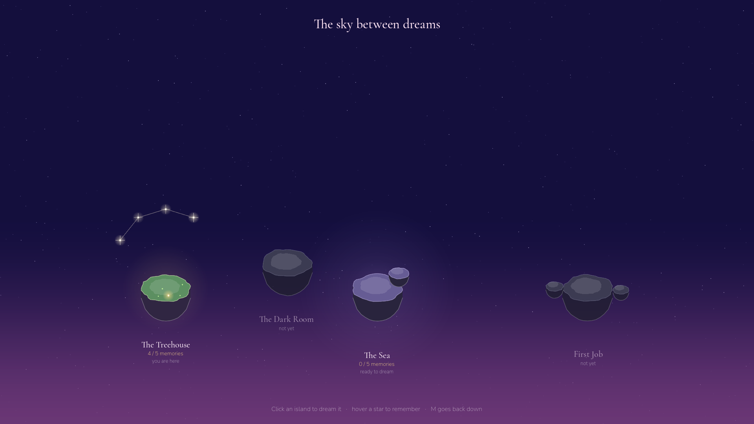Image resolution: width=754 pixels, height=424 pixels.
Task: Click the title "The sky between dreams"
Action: tap(377, 24)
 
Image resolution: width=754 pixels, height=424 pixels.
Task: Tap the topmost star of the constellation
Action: tap(166, 209)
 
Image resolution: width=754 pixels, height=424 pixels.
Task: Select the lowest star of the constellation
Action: tap(120, 240)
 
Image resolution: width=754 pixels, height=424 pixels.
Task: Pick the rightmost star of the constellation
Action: tap(194, 217)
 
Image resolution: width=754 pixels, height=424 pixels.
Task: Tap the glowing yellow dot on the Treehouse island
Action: tap(168, 295)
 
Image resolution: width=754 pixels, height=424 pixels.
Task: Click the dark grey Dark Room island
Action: tap(287, 272)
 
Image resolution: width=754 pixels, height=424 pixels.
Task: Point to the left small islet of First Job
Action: tap(555, 290)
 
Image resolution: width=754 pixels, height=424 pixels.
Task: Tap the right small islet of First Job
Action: tap(621, 292)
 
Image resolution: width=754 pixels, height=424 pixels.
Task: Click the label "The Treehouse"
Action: tap(166, 345)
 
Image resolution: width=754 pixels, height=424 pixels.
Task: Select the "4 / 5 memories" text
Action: tap(165, 354)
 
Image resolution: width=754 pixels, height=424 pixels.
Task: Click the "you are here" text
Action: tap(166, 361)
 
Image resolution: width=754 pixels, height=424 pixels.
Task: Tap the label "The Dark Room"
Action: tap(286, 319)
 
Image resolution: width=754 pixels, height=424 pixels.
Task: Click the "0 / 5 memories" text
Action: tap(377, 364)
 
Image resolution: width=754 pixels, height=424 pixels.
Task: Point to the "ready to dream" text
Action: tap(377, 372)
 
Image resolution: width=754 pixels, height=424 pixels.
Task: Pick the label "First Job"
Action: tap(588, 354)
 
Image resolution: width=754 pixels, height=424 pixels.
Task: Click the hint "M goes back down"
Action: tap(456, 409)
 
